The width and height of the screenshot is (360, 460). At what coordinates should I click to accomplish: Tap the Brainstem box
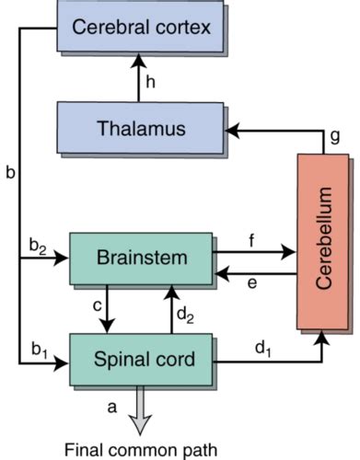coord(143,258)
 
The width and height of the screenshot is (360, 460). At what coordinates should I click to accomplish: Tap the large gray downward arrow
coord(139,408)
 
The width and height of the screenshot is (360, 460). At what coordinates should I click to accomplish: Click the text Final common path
coord(138,450)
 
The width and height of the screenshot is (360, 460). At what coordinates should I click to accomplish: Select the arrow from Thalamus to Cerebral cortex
coord(138,78)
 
